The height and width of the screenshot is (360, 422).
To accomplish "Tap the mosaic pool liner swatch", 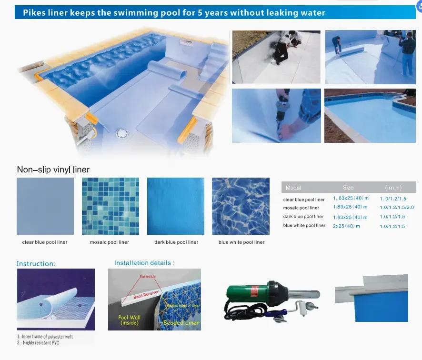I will click(111, 206).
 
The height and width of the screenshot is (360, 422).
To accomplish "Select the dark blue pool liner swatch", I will click(176, 206).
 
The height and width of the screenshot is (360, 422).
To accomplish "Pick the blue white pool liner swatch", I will click(241, 206).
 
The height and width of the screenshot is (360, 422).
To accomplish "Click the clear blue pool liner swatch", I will click(45, 206).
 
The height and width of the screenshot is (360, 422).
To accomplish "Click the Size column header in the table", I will click(348, 188).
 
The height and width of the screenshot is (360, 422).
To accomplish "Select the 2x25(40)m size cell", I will click(347, 226).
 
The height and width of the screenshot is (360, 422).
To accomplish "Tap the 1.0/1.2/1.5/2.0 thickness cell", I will click(397, 208).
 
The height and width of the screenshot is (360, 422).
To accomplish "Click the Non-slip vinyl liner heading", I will click(53, 170).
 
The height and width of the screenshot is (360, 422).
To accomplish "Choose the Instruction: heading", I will click(36, 263).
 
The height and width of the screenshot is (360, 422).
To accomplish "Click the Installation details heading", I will click(144, 262).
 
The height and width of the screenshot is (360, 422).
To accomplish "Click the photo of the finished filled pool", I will click(370, 116).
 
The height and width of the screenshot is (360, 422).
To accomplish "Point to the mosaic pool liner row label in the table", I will click(301, 208).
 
